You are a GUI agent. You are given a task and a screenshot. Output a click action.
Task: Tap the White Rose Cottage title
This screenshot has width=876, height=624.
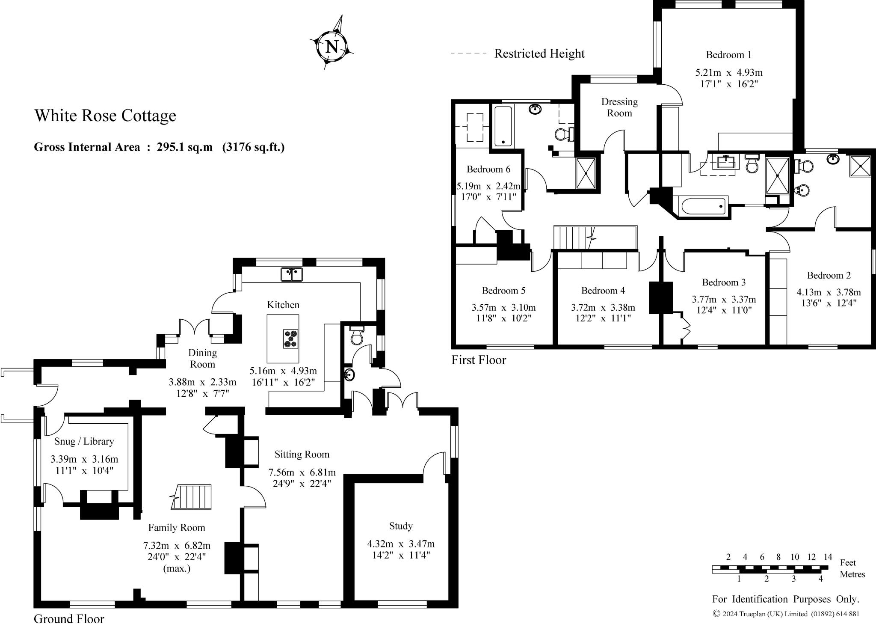point(105,116)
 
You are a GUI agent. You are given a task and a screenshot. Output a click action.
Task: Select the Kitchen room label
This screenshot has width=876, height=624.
point(283,305)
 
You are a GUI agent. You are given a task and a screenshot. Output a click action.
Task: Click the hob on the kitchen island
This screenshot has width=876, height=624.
point(291,338)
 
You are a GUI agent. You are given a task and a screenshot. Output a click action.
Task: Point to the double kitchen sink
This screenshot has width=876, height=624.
point(292,274)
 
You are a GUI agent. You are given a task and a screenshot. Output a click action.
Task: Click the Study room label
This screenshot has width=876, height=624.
point(401,526)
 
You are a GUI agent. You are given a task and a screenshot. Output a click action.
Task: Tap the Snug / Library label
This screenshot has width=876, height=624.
point(84,441)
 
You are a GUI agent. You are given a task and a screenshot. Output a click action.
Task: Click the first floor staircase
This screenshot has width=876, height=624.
point(573,238)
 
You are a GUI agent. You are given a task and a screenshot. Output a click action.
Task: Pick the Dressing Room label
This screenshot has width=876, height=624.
point(619,107)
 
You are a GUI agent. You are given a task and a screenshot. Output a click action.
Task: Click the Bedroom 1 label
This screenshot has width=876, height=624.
point(728,55)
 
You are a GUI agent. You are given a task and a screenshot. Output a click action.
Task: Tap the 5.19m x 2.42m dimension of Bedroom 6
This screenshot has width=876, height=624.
point(488,186)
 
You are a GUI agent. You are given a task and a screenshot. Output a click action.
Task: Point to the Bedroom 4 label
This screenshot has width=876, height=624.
point(603,291)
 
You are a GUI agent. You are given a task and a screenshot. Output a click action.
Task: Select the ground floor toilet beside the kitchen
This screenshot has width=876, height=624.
point(356,336)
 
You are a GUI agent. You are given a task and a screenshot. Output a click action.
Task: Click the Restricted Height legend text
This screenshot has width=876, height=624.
point(539,53)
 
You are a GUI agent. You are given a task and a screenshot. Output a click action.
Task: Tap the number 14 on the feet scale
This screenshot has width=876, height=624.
point(828,557)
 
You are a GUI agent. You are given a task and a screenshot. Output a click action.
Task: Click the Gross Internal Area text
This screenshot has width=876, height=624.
point(159,147)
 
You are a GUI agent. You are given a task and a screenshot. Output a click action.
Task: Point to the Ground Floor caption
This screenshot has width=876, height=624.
point(69,619)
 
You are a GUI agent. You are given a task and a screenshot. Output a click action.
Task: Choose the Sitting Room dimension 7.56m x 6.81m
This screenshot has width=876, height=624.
point(302,472)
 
